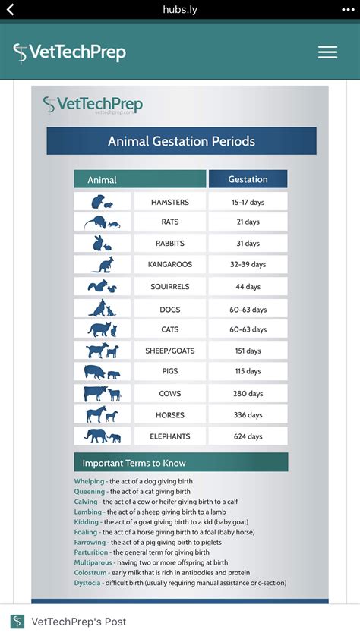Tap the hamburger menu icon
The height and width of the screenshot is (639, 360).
327,52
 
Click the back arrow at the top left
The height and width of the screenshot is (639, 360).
11,10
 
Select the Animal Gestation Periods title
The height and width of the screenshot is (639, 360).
182,141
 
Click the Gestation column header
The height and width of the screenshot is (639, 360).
248,179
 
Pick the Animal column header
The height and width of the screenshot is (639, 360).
103,180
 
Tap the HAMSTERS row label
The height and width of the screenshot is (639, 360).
170,203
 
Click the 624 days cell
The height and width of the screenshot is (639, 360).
248,436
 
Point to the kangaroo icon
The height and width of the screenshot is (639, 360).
103,265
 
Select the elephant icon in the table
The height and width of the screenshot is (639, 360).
103,436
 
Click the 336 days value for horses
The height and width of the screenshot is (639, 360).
248,415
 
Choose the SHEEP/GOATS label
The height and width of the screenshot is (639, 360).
170,351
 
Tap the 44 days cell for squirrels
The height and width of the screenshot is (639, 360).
248,287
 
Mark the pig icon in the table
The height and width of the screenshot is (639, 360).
103,373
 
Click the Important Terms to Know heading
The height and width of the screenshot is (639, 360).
134,463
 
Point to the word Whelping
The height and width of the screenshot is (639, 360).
90,481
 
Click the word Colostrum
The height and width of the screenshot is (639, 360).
90,573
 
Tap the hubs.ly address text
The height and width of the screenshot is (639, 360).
179,10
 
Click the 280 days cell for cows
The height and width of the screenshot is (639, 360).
248,394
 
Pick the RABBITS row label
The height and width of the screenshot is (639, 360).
170,244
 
